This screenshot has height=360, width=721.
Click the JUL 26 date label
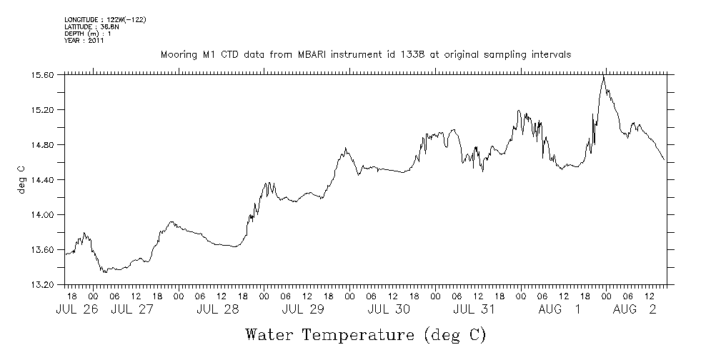(74, 309)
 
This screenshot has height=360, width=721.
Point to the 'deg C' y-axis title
(21, 179)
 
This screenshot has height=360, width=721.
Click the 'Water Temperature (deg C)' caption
(365, 334)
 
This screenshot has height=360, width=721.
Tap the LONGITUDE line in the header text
(105, 19)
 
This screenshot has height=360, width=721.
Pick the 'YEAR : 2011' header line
(84, 40)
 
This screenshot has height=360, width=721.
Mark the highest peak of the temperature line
(604, 76)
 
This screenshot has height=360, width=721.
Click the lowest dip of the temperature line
(104, 272)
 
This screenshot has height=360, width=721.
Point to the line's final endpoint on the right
(665, 160)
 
